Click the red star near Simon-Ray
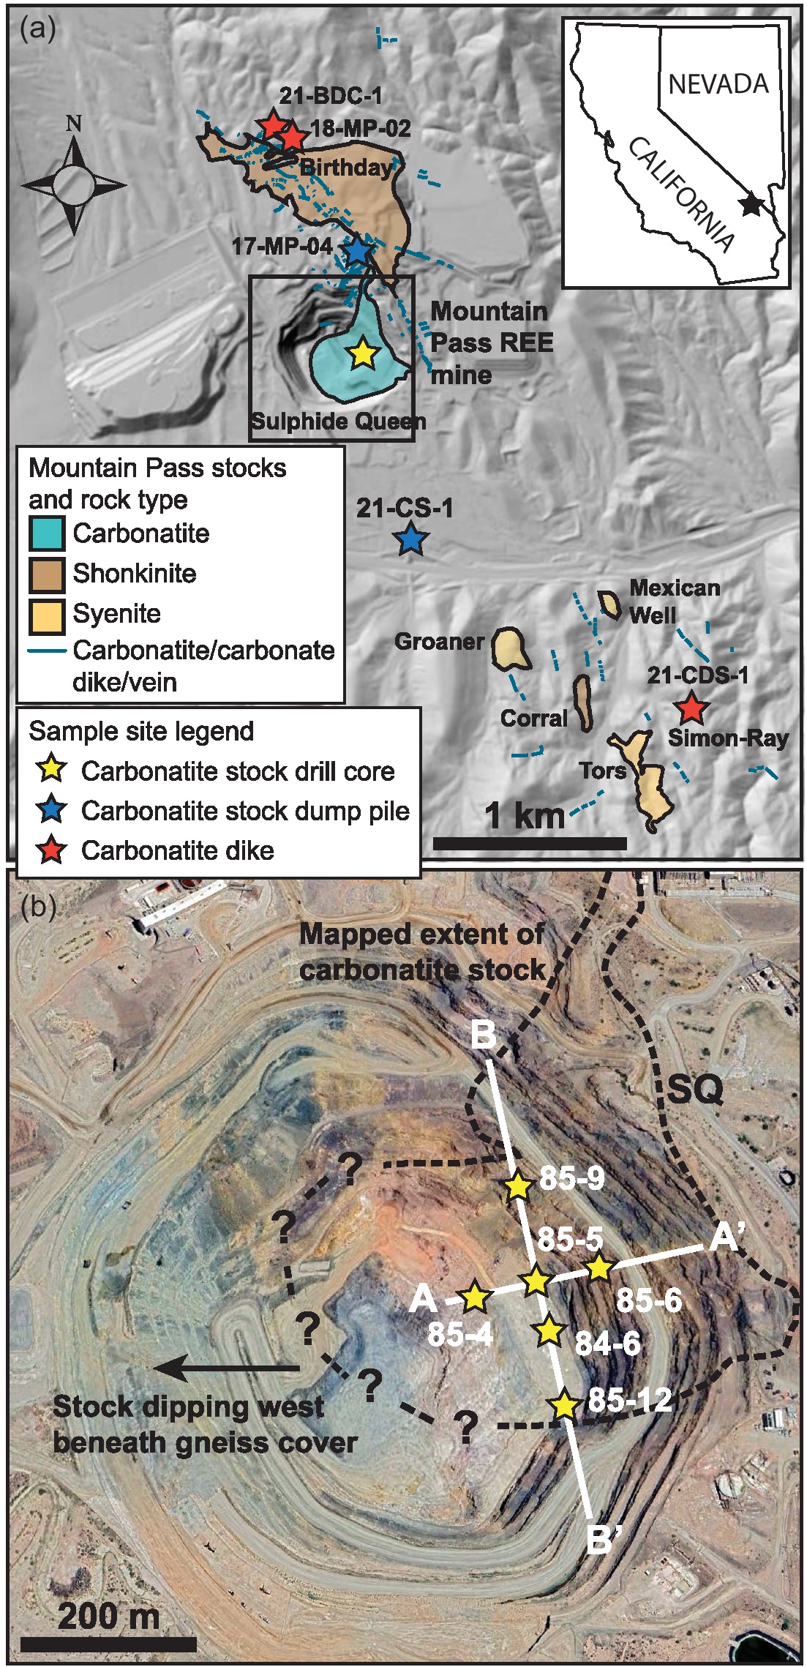tap(690, 708)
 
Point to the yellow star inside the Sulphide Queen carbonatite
tap(362, 354)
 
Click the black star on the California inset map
tap(751, 204)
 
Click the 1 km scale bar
tap(530, 843)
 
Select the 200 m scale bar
tap(108, 1644)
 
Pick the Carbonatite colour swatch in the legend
tap(47, 533)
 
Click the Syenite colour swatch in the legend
tap(47, 613)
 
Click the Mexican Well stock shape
tap(609, 604)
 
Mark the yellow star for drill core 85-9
tap(518, 1186)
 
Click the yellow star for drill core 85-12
tap(563, 1404)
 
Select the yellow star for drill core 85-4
tap(475, 1297)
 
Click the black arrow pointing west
tap(227, 1367)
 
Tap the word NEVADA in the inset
tap(718, 84)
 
